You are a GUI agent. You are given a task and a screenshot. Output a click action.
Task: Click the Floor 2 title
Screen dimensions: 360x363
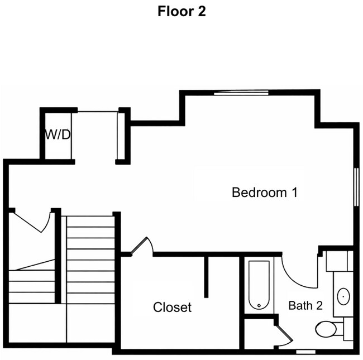tap(181, 12)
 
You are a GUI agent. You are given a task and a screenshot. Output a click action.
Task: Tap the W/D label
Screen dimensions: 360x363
tap(58, 135)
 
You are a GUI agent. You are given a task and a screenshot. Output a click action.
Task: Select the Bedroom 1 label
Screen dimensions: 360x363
tap(264, 193)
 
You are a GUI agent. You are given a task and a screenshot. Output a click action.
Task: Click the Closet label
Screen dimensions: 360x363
tap(173, 307)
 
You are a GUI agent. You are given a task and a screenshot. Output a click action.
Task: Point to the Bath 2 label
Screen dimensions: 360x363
tap(305, 306)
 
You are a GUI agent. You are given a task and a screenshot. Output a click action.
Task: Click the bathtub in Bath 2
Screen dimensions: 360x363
tap(259, 285)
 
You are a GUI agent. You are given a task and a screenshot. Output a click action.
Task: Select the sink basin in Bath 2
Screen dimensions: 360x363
tap(343, 295)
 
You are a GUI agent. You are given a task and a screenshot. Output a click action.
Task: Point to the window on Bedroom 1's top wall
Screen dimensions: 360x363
tap(241, 93)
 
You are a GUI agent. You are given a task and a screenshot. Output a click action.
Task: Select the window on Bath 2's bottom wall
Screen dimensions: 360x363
tap(305, 351)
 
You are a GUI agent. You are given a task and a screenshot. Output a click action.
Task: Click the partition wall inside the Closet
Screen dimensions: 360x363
tap(206, 277)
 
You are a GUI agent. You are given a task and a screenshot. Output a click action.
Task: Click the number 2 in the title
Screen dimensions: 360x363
tap(202, 12)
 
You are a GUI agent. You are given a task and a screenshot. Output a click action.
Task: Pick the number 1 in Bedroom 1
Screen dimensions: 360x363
tap(293, 193)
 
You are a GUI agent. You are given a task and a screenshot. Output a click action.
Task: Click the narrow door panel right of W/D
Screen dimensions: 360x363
tap(119, 136)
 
